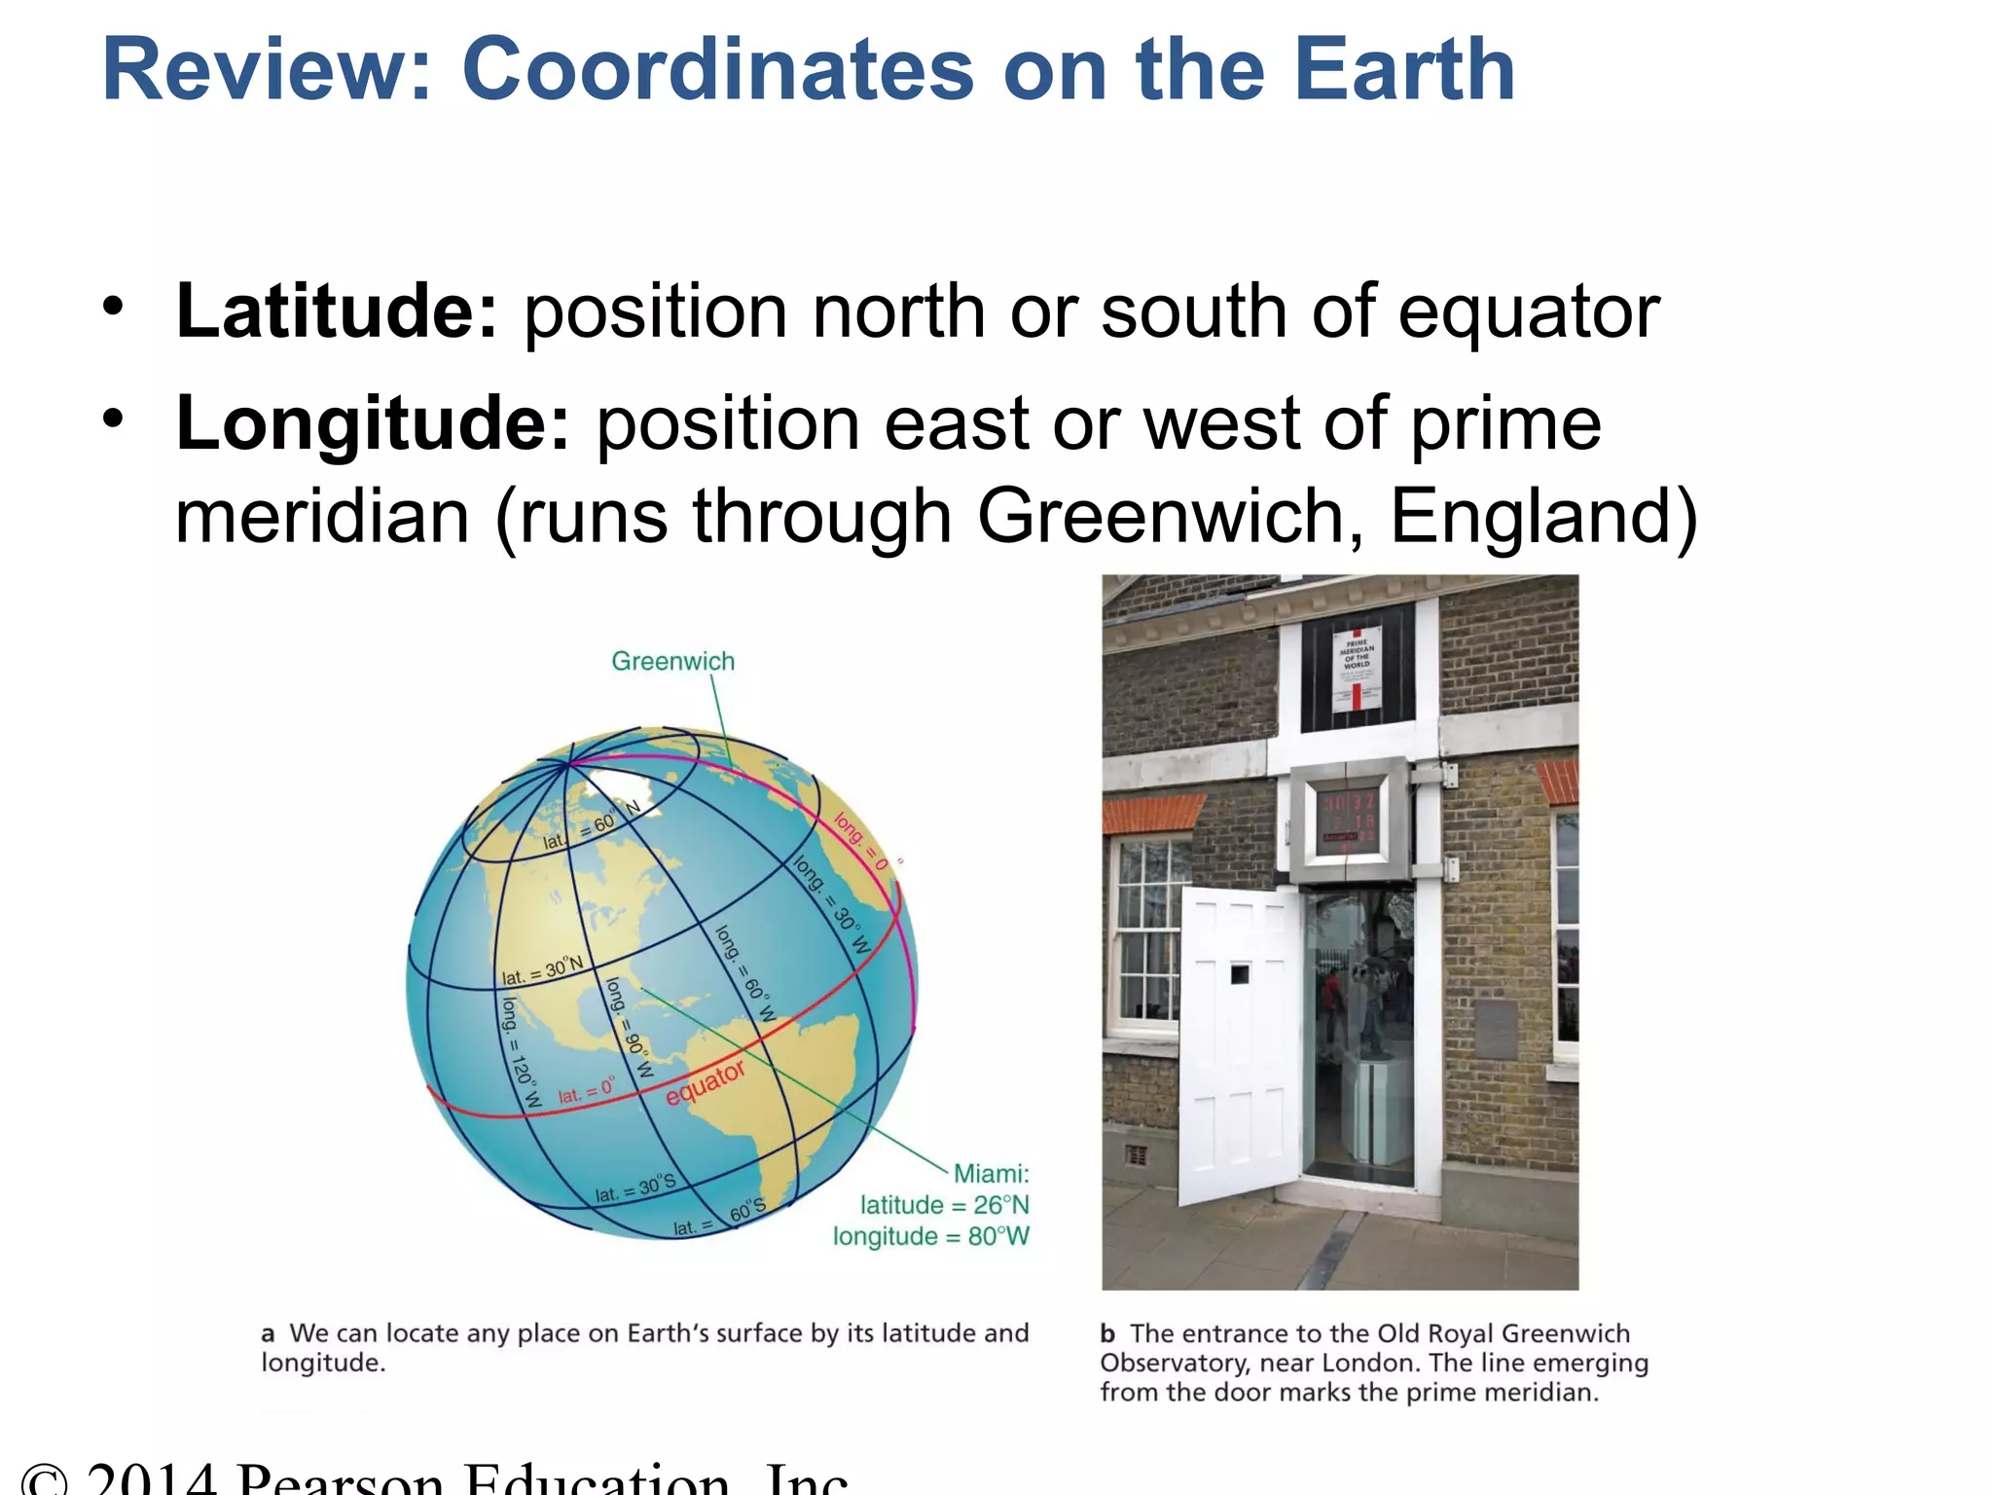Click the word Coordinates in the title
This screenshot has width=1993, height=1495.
(x=717, y=70)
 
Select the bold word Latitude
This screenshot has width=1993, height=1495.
(x=337, y=311)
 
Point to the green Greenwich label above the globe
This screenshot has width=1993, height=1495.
(x=672, y=662)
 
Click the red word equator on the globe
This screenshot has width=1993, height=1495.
(x=706, y=1083)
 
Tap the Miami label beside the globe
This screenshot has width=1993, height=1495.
(x=990, y=1174)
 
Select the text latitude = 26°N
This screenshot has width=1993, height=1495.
(x=944, y=1205)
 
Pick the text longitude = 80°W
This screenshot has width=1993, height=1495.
(x=930, y=1236)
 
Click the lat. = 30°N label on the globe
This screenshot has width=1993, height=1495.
(x=542, y=971)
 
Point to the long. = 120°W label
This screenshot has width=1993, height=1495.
(x=520, y=1051)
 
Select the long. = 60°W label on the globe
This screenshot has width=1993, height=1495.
(x=745, y=973)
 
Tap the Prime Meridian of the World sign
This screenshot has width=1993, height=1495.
(x=1357, y=668)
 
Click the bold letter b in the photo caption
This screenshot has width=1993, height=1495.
(x=1107, y=1333)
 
